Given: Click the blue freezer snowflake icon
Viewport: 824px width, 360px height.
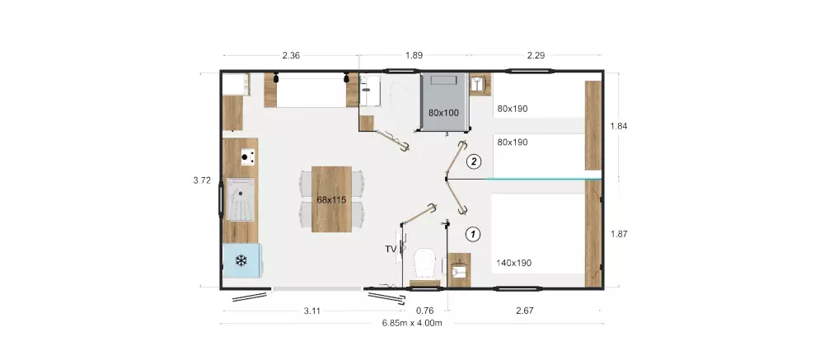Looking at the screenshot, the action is pyautogui.click(x=241, y=260).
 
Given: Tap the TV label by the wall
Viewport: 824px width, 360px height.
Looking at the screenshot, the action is pyautogui.click(x=391, y=249).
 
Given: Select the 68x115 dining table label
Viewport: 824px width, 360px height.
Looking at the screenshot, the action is pyautogui.click(x=331, y=199).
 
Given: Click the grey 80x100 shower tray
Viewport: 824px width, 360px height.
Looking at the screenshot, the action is pyautogui.click(x=444, y=101).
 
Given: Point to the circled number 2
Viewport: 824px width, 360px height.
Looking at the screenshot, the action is pyautogui.click(x=474, y=161).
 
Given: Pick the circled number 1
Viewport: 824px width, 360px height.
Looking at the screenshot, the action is pyautogui.click(x=474, y=233).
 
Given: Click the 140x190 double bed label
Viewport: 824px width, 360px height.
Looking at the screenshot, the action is pyautogui.click(x=513, y=263).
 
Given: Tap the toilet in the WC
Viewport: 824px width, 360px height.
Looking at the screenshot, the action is pyautogui.click(x=425, y=264).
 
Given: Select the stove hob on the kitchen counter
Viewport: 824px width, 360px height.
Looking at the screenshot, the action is pyautogui.click(x=248, y=157).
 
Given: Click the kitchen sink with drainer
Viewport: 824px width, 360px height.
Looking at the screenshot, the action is pyautogui.click(x=240, y=199).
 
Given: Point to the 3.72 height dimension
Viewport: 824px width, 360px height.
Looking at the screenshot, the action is pyautogui.click(x=202, y=180).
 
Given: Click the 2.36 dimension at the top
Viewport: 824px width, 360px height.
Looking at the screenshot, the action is pyautogui.click(x=291, y=55).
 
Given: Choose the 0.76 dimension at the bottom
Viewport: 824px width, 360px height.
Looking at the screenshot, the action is pyautogui.click(x=424, y=311).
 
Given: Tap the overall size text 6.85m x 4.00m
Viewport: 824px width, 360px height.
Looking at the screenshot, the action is pyautogui.click(x=412, y=323).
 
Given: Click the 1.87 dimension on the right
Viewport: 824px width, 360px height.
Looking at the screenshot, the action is pyautogui.click(x=619, y=235).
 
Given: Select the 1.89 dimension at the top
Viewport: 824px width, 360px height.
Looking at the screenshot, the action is pyautogui.click(x=414, y=55).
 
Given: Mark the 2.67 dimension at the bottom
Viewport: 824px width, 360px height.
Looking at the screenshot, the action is pyautogui.click(x=524, y=311).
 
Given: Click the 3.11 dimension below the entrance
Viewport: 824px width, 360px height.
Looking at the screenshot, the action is pyautogui.click(x=312, y=311).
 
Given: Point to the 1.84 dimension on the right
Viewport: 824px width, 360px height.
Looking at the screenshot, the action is pyautogui.click(x=619, y=126).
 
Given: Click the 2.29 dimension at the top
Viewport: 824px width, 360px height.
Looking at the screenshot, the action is pyautogui.click(x=536, y=55).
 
